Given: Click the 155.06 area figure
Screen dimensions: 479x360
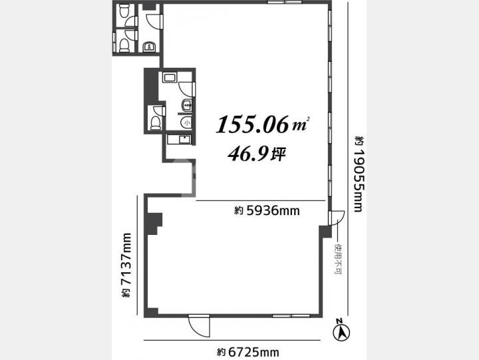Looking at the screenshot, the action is [252, 124].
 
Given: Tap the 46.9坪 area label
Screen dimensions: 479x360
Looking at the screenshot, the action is [257, 154].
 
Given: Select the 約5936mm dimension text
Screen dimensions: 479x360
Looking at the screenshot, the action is [267, 210].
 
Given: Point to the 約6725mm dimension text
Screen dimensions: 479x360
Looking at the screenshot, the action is [248, 353].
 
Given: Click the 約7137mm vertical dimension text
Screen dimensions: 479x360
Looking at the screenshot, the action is [126, 265].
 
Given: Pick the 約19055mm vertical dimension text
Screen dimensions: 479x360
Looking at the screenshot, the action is [359, 174].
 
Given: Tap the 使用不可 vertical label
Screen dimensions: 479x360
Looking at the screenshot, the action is [338, 259].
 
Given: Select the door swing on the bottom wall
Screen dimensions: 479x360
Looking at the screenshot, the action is [199, 326].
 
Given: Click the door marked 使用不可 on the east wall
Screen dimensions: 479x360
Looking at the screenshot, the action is [337, 218].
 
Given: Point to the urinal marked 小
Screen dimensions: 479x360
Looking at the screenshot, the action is [186, 122].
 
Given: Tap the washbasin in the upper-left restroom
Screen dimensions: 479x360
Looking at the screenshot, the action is [150, 47].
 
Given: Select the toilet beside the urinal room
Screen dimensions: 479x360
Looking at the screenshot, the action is [156, 122].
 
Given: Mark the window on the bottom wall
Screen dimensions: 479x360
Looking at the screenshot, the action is [291, 315].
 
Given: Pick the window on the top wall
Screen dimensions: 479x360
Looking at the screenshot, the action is [285, 2].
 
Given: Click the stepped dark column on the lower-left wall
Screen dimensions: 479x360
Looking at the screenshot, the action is [154, 224].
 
